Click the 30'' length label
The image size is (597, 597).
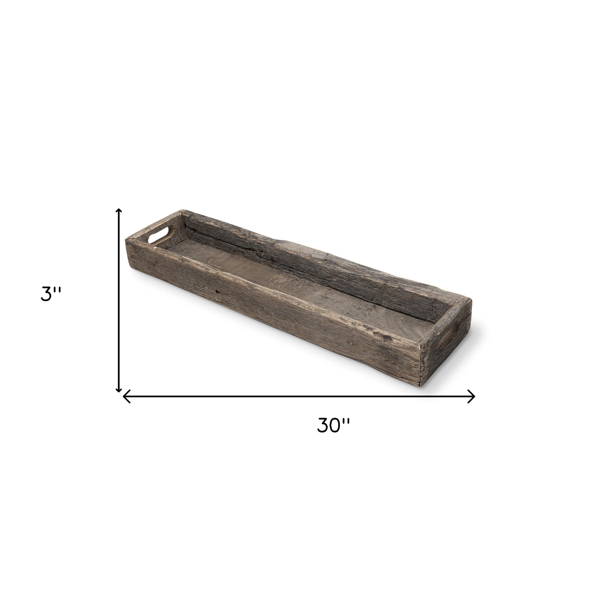[x=333, y=425]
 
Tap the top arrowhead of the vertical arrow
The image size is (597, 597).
[x=118, y=211]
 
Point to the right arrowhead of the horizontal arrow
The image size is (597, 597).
[x=473, y=396]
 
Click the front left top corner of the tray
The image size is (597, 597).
[x=126, y=238]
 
